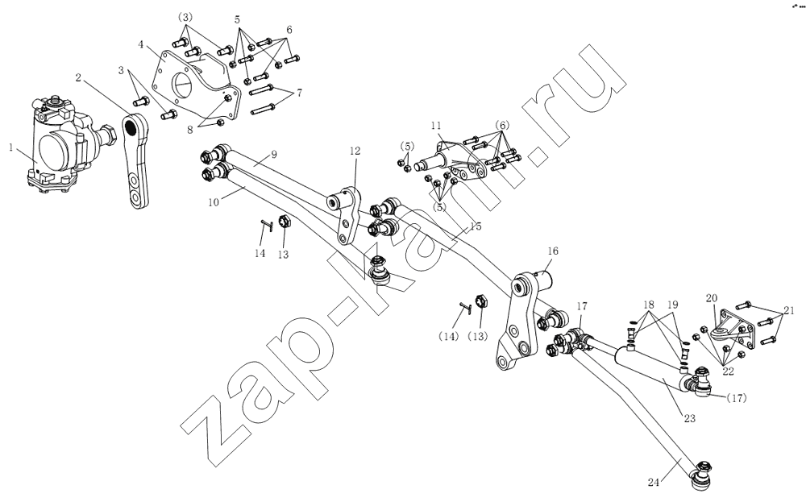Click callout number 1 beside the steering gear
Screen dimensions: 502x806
[x=11, y=148]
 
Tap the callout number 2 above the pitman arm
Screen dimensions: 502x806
[x=79, y=77]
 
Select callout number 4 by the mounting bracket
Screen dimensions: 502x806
[x=142, y=46]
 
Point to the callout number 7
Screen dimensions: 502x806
[x=299, y=93]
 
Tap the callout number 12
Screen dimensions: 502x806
[x=355, y=150]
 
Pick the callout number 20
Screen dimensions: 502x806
[x=711, y=298]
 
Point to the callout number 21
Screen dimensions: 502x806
[x=788, y=310]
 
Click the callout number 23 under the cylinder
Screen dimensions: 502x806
[x=690, y=418]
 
